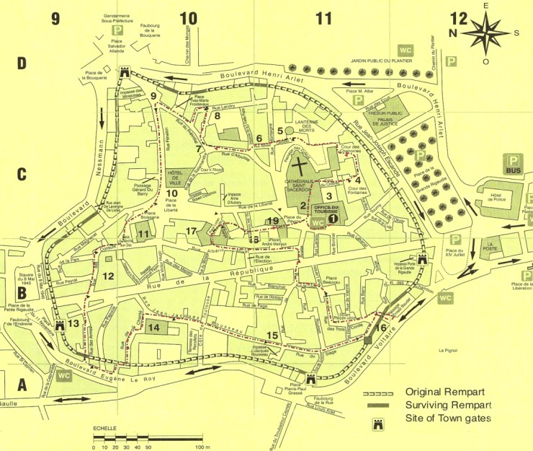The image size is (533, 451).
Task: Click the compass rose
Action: tap(489, 32)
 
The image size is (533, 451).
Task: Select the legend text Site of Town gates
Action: tap(447, 419)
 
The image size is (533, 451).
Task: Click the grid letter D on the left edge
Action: tap(22, 64)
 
